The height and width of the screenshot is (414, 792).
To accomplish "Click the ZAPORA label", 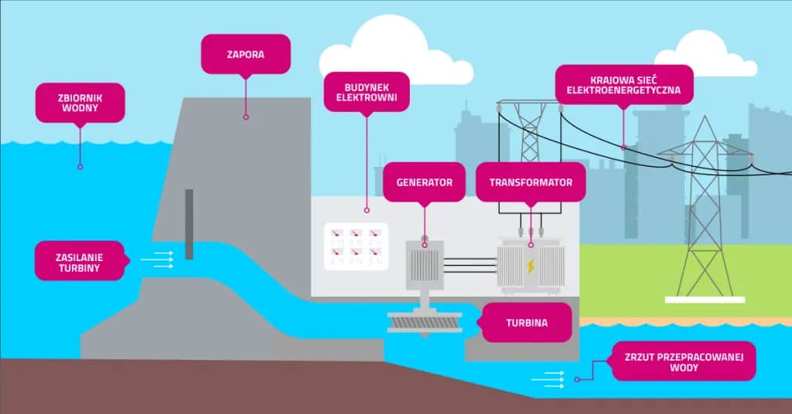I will point(246,54).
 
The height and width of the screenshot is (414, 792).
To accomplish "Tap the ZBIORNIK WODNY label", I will point(80,103).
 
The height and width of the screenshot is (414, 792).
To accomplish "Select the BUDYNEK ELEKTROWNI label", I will point(366,92).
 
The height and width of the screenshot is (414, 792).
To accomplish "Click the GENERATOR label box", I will point(424,183).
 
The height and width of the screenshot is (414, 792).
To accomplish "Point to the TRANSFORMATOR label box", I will point(531,183).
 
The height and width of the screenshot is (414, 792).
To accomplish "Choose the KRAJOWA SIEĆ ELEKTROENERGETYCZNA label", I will point(623,84).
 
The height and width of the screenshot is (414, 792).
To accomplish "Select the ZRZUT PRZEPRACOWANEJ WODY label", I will point(683,361).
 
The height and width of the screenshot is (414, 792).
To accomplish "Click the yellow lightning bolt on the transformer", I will point(531,266).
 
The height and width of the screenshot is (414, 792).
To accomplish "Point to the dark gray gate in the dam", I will point(189,224).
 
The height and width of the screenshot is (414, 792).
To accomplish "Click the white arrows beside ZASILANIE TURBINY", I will point(161,260).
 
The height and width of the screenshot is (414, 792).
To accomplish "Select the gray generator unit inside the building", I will point(425,264).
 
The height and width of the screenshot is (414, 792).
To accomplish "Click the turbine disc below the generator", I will point(424,324).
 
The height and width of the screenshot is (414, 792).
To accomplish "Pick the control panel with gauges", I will point(353,246).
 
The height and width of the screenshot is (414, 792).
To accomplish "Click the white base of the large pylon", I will point(704,299).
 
